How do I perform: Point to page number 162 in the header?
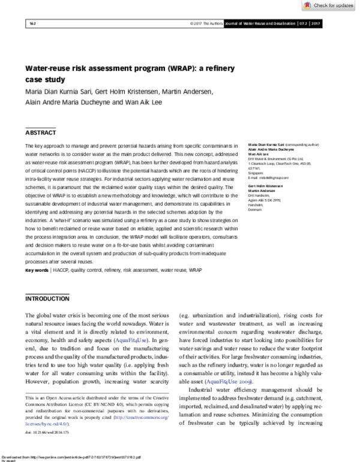click(33, 23)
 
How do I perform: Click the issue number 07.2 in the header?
click(303, 23)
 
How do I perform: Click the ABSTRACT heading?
click(40, 132)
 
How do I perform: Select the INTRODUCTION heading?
click(47, 298)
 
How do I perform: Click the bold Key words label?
click(36, 271)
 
